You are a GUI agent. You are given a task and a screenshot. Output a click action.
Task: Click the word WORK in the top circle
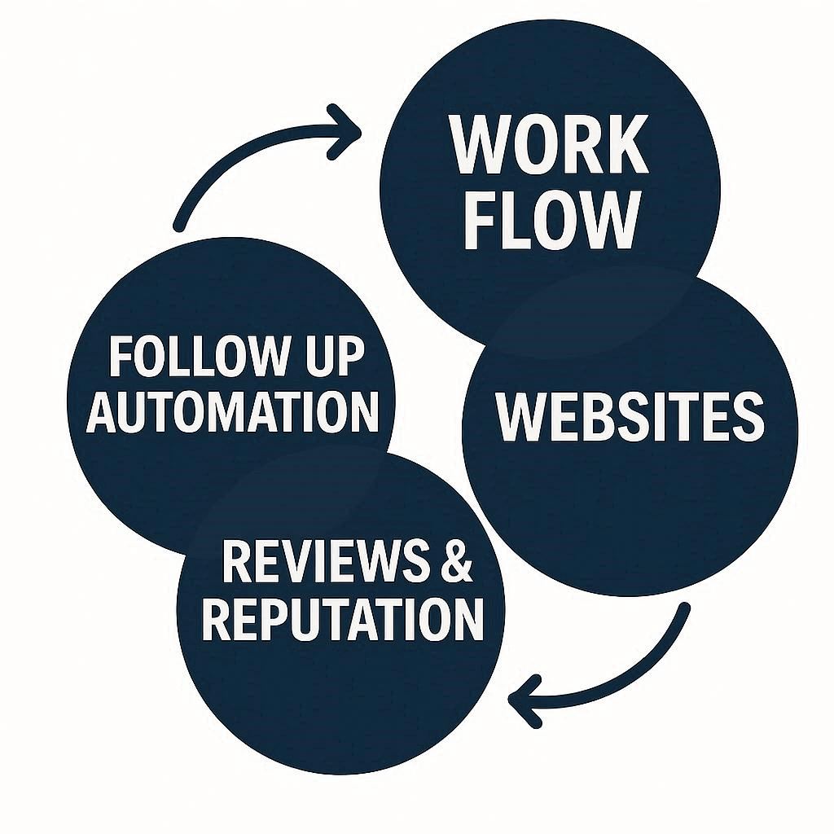point(550,146)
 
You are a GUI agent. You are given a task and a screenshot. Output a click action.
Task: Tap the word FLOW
point(551,221)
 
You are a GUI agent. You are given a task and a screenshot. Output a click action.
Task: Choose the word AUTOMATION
point(233,410)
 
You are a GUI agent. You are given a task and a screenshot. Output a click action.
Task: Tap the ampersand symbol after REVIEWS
point(456,561)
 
